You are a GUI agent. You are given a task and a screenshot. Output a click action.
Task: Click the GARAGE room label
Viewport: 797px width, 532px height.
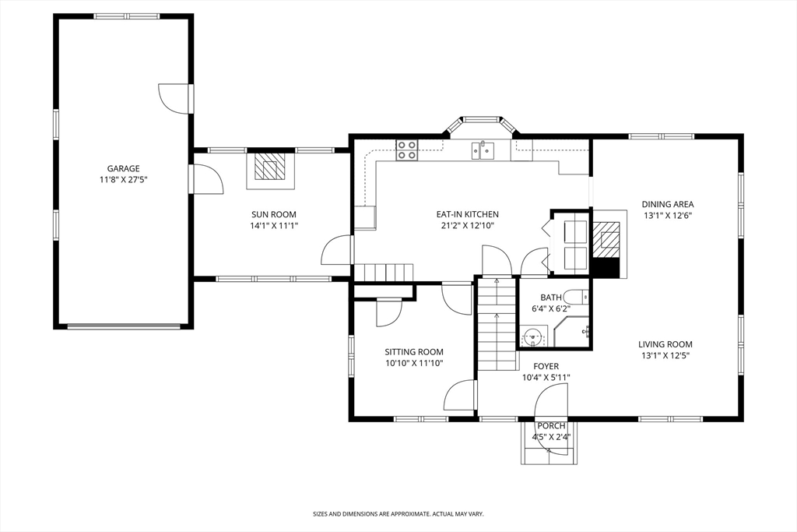click(124, 168)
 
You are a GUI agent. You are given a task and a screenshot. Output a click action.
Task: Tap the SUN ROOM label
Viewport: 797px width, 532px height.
click(274, 215)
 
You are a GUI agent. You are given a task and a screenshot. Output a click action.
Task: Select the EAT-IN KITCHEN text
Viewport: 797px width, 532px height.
click(468, 215)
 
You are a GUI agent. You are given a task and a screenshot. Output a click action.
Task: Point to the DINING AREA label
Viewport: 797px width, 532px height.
click(667, 204)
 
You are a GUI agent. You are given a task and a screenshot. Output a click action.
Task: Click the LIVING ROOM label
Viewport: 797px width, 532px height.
click(665, 344)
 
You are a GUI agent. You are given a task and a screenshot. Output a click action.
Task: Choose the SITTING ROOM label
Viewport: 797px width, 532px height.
click(414, 352)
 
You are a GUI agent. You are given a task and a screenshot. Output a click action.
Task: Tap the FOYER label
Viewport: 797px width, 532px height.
click(546, 366)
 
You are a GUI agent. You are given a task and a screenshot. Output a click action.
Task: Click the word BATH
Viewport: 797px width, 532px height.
click(551, 298)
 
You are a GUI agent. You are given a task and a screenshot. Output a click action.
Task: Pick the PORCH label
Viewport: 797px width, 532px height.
click(551, 426)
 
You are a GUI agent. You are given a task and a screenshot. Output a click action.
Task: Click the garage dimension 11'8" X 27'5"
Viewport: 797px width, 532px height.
click(124, 179)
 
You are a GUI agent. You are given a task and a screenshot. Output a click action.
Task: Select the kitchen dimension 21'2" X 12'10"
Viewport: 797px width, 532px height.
click(468, 226)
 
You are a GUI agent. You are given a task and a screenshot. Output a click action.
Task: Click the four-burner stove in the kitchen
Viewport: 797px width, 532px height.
click(406, 150)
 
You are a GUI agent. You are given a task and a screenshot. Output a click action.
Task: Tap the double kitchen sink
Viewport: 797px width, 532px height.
click(483, 150)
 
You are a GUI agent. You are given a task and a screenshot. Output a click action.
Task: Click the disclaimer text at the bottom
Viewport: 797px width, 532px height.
click(398, 514)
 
